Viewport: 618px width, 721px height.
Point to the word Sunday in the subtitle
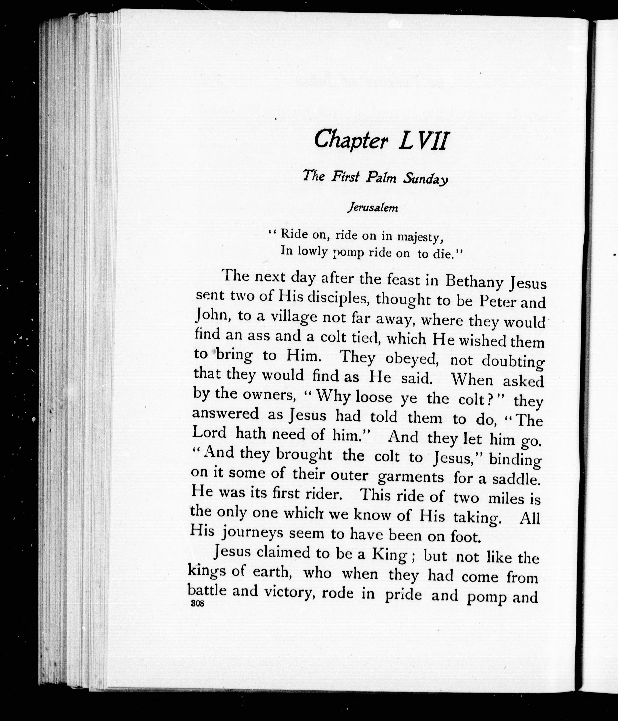[x=425, y=179]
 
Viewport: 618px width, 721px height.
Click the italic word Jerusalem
[x=373, y=208]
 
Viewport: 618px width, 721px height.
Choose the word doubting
[x=513, y=362]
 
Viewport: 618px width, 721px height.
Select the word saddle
[x=516, y=479]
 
